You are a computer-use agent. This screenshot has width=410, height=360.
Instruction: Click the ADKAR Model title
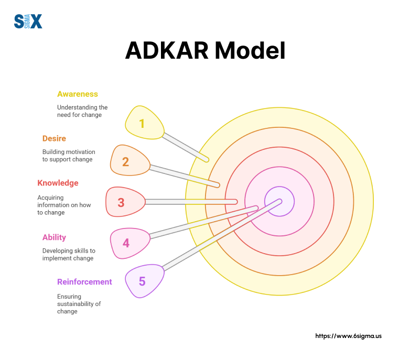205,51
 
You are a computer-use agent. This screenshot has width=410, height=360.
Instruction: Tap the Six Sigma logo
28,21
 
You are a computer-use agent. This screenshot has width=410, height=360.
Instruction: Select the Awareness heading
78,94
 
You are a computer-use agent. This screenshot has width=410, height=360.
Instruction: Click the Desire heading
55,138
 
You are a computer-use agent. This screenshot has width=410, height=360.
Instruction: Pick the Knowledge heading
58,183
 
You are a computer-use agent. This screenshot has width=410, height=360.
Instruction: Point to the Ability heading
54,237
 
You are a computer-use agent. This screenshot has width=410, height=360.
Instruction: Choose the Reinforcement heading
84,282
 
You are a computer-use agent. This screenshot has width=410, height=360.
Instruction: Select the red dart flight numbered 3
125,202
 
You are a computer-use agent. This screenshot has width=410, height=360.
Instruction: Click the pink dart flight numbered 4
129,243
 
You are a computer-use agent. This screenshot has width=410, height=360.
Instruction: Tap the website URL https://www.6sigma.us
348,336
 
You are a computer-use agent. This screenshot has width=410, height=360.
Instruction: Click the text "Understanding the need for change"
82,111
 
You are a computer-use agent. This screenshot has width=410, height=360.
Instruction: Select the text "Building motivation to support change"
67,156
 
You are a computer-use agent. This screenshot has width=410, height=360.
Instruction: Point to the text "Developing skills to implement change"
69,255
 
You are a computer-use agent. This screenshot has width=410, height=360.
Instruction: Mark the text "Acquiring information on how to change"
64,205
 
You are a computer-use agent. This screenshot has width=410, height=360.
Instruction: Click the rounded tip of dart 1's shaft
207,159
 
